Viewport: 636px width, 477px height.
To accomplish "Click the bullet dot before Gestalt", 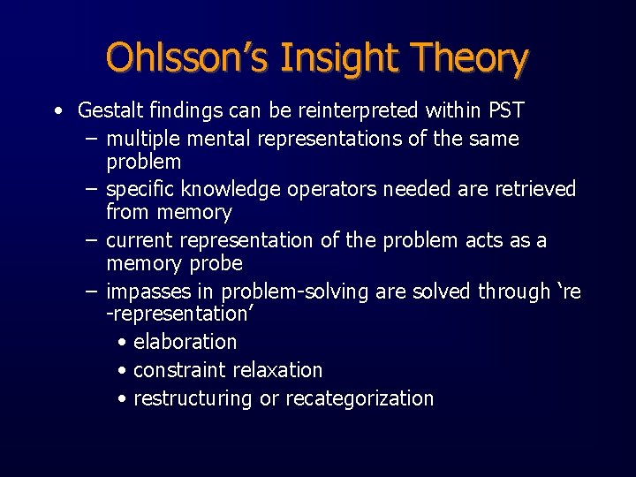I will click(x=57, y=112).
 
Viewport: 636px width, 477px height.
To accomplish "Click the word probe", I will click(x=212, y=264).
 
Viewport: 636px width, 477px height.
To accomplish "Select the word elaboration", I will click(x=185, y=342).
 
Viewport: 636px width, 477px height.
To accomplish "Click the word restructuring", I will click(x=193, y=399).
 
